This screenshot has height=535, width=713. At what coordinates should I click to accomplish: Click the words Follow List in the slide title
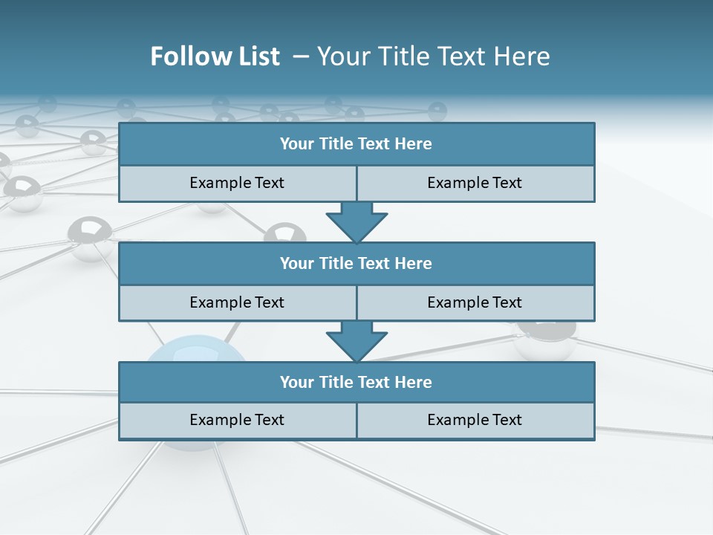click(215, 56)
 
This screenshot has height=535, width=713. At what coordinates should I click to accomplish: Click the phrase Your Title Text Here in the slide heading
click(433, 56)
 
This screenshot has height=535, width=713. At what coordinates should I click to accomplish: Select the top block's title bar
click(356, 144)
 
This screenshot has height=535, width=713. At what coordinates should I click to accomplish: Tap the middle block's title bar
click(356, 263)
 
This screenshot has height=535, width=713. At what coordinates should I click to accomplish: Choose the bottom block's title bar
click(356, 382)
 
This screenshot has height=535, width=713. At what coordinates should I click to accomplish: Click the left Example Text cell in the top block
click(237, 183)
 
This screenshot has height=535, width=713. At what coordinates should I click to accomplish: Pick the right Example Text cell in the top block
click(475, 183)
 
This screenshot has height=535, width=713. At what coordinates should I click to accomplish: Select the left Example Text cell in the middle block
click(237, 302)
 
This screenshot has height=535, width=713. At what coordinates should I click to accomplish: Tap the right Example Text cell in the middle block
click(475, 302)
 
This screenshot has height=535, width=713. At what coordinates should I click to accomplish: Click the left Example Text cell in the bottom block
click(237, 420)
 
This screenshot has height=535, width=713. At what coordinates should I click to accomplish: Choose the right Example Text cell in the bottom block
click(475, 420)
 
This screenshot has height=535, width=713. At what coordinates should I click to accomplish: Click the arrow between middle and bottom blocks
click(356, 340)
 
